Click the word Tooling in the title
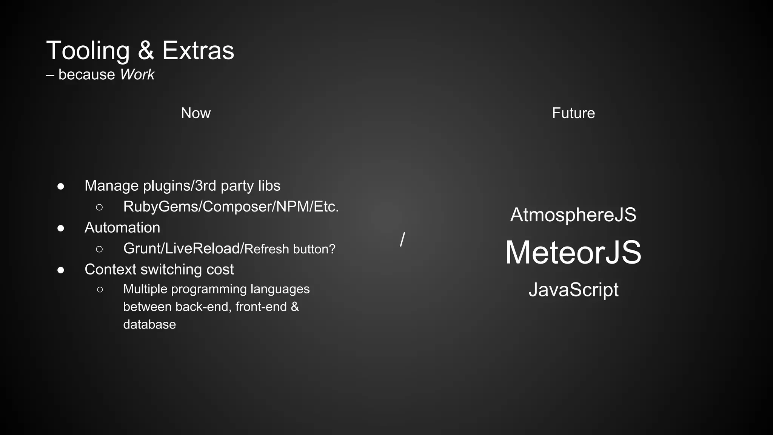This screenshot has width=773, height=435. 88,51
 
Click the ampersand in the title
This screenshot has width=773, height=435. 146,51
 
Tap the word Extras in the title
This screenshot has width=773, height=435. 198,51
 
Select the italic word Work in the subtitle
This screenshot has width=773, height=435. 137,75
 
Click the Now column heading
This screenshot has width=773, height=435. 196,113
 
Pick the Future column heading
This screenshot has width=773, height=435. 573,113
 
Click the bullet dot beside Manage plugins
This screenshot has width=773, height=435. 61,186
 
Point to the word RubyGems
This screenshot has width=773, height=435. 161,207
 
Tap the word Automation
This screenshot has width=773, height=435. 122,228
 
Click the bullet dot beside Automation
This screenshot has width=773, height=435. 61,228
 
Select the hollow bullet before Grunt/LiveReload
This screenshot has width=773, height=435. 99,249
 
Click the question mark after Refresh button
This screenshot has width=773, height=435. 332,249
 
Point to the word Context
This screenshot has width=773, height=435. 110,270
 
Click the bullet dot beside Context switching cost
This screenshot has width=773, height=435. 61,270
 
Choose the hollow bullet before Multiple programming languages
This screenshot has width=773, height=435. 100,290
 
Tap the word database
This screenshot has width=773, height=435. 149,324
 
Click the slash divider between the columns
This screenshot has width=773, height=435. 402,239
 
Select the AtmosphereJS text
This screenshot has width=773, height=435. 573,215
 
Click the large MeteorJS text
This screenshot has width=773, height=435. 573,252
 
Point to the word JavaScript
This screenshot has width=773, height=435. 573,290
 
